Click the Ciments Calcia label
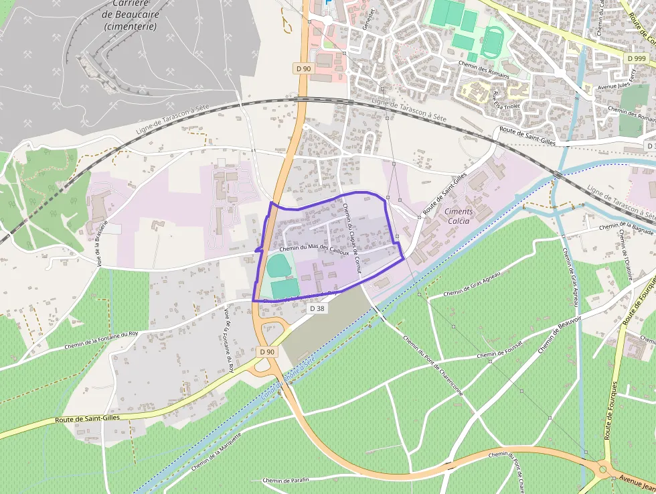[459, 216]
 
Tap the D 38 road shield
[317, 308]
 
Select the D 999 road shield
[637, 58]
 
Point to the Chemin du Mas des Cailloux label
[314, 249]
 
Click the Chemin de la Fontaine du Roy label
[101, 341]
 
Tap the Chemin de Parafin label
[286, 481]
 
